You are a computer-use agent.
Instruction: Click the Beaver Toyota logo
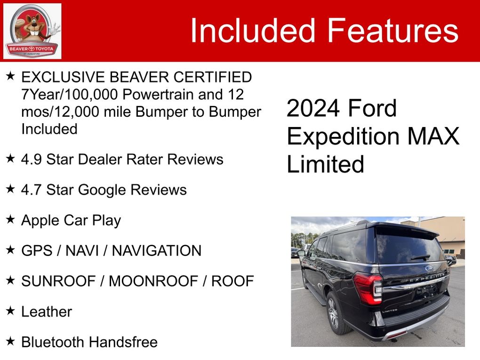pyautogui.click(x=32, y=31)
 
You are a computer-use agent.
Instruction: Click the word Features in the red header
pyautogui.click(x=393, y=30)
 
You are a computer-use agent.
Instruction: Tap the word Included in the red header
pyautogui.click(x=253, y=30)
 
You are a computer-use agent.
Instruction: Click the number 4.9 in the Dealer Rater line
pyautogui.click(x=31, y=160)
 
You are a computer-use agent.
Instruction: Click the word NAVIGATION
pyautogui.click(x=156, y=251)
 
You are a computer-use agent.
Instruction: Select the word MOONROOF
pyautogui.click(x=153, y=281)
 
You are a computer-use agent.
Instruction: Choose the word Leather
pyautogui.click(x=47, y=312)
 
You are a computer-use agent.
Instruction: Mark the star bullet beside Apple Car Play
pyautogui.click(x=10, y=219)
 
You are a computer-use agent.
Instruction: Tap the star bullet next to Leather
pyautogui.click(x=10, y=311)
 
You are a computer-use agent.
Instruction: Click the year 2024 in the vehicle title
pyautogui.click(x=313, y=108)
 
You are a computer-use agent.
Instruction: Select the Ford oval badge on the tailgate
pyautogui.click(x=429, y=268)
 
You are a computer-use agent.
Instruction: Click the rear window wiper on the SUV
pyautogui.click(x=420, y=257)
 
